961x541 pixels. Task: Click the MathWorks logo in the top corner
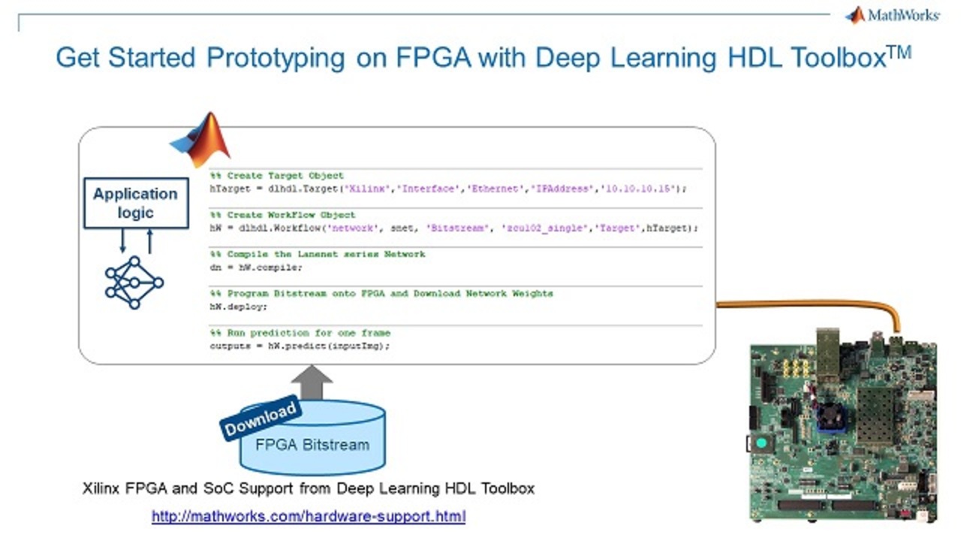(893, 15)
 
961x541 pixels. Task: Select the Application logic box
(135, 203)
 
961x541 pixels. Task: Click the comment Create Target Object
(277, 175)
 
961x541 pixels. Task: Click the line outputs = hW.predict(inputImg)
(300, 346)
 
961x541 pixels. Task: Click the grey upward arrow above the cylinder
(312, 382)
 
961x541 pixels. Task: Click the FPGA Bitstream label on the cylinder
(312, 444)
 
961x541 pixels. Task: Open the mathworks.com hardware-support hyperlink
(309, 516)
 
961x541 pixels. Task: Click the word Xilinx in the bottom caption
(101, 488)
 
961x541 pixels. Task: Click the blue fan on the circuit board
(830, 414)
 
